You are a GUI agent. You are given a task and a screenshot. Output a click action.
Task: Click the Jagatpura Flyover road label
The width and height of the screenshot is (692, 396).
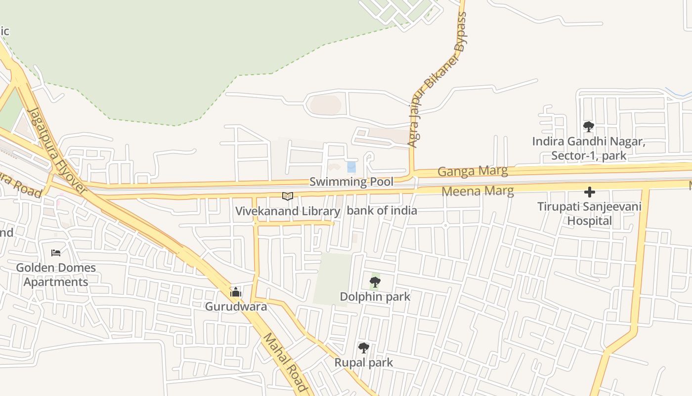(x=56, y=151)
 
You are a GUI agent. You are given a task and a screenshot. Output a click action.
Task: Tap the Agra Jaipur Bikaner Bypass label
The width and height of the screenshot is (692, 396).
(x=437, y=79)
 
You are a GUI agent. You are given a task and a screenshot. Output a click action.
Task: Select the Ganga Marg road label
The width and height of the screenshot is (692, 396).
(x=473, y=171)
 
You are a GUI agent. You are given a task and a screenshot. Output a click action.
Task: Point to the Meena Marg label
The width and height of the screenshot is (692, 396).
(x=477, y=191)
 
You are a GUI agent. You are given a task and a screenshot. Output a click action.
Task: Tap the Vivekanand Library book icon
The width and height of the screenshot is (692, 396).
(x=288, y=196)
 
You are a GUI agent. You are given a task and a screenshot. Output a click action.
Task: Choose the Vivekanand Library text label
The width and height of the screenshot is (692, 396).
(x=288, y=211)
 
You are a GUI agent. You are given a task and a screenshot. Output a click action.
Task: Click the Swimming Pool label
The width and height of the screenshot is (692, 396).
(x=351, y=182)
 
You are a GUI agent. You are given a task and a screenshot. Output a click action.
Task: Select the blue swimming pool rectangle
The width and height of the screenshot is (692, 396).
(x=351, y=167)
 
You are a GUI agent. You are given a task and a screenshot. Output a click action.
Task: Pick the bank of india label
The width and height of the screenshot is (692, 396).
(x=382, y=210)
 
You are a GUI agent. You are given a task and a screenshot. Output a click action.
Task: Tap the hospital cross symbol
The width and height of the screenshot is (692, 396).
(x=589, y=192)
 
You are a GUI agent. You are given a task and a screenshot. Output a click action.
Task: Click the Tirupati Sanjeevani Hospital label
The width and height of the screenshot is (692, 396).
(x=589, y=213)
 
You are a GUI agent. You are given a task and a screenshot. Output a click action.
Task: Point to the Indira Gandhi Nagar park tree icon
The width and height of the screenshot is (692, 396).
(x=588, y=127)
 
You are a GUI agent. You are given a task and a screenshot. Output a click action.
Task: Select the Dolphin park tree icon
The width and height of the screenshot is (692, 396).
(x=375, y=282)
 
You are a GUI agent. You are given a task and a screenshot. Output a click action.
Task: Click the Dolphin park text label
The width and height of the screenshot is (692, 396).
(x=375, y=297)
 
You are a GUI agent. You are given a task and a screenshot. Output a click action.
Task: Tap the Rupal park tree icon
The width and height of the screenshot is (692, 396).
(x=364, y=348)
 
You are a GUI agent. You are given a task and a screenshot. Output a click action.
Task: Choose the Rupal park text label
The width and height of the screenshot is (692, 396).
(x=364, y=362)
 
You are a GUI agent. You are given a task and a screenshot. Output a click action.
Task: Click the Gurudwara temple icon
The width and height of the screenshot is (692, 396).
(x=236, y=292)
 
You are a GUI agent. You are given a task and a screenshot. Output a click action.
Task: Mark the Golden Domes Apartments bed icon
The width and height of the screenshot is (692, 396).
(x=56, y=253)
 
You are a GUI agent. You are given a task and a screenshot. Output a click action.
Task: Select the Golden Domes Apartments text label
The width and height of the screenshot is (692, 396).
(x=56, y=275)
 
